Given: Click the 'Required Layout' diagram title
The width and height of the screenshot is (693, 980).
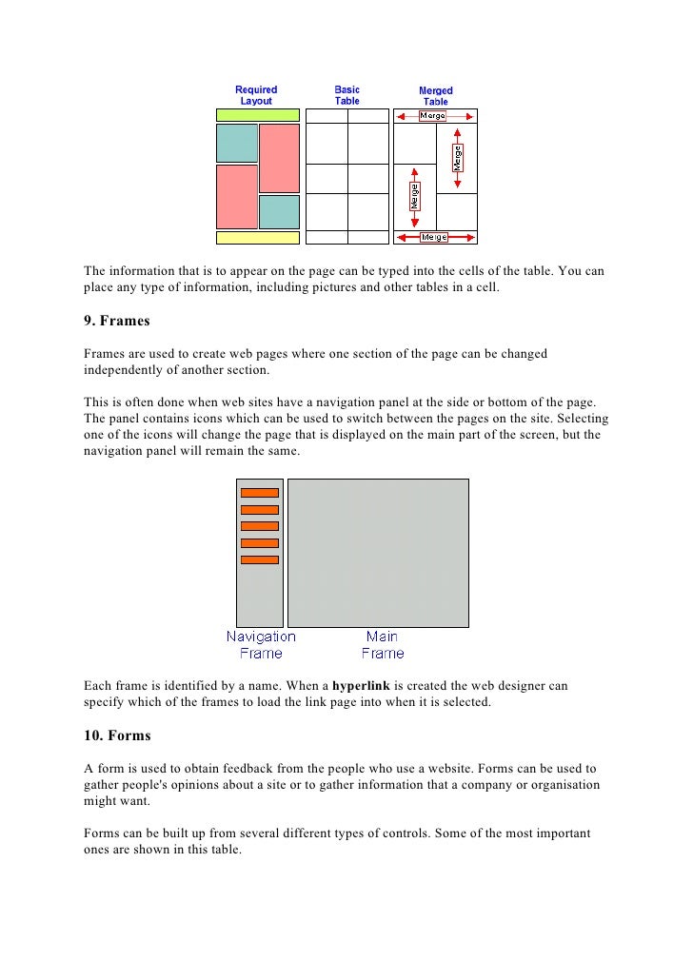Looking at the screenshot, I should click(256, 95).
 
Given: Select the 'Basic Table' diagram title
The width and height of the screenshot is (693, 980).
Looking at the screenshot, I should click(346, 95).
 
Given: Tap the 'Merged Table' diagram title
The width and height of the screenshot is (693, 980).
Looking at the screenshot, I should click(435, 96).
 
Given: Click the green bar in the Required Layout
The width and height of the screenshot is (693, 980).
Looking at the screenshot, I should click(257, 115).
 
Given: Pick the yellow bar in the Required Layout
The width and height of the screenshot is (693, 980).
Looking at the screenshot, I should click(257, 238).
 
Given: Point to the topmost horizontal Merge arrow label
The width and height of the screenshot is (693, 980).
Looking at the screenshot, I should click(433, 116).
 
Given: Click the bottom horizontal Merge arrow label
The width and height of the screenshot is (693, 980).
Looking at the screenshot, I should click(434, 237).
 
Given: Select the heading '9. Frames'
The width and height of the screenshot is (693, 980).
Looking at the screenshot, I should click(118, 322).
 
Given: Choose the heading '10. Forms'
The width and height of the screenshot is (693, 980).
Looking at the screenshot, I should click(118, 735).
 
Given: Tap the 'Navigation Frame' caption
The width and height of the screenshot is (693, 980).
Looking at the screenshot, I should click(261, 645).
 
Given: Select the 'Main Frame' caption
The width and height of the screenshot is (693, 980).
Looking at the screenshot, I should click(383, 645).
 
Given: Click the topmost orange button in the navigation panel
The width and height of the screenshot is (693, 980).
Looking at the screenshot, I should click(259, 493).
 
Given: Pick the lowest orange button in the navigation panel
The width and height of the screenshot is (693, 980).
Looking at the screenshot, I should click(259, 559).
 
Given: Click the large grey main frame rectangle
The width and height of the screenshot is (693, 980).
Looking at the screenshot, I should click(378, 553).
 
